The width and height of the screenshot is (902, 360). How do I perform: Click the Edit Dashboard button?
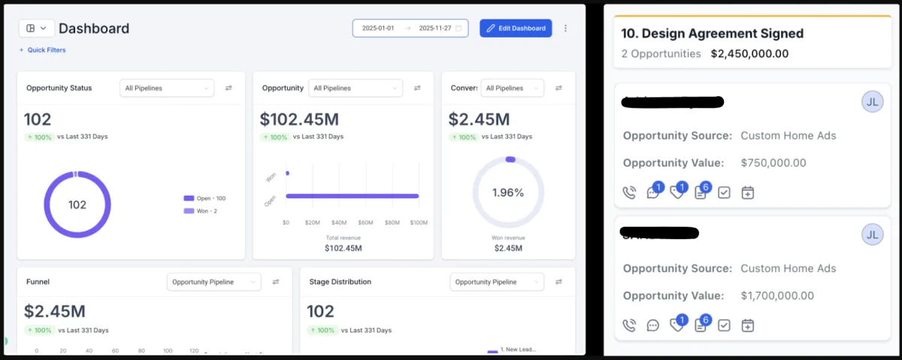pyautogui.click(x=516, y=29)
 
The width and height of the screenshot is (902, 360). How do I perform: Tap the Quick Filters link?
pyautogui.click(x=43, y=50)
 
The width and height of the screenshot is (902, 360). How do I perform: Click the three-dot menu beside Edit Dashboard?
pyautogui.click(x=566, y=29)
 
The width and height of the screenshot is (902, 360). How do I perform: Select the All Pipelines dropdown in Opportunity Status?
pyautogui.click(x=167, y=88)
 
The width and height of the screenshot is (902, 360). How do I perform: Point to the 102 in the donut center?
pyautogui.click(x=77, y=204)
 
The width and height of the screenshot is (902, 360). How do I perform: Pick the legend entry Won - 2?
pyautogui.click(x=202, y=211)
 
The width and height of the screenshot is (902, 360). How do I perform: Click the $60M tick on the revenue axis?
pyautogui.click(x=365, y=222)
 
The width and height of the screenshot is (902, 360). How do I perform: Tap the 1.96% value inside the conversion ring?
pyautogui.click(x=508, y=192)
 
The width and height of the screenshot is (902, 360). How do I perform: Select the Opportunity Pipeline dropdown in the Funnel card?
pyautogui.click(x=213, y=282)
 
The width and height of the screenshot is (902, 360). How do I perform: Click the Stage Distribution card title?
pyautogui.click(x=341, y=282)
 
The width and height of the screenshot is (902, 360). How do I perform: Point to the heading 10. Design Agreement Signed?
pyautogui.click(x=713, y=34)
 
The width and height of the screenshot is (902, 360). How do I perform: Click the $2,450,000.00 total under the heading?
pyautogui.click(x=749, y=54)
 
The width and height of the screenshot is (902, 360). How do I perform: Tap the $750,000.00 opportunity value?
pyautogui.click(x=773, y=163)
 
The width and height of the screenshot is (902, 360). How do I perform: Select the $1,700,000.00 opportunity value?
pyautogui.click(x=777, y=295)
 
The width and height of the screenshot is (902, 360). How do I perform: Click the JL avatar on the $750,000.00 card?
pyautogui.click(x=872, y=102)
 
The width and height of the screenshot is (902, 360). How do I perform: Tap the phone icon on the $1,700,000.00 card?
pyautogui.click(x=630, y=325)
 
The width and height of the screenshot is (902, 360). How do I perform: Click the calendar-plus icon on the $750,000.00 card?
pyautogui.click(x=747, y=192)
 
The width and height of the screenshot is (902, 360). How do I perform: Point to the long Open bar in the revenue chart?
pyautogui.click(x=352, y=196)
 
